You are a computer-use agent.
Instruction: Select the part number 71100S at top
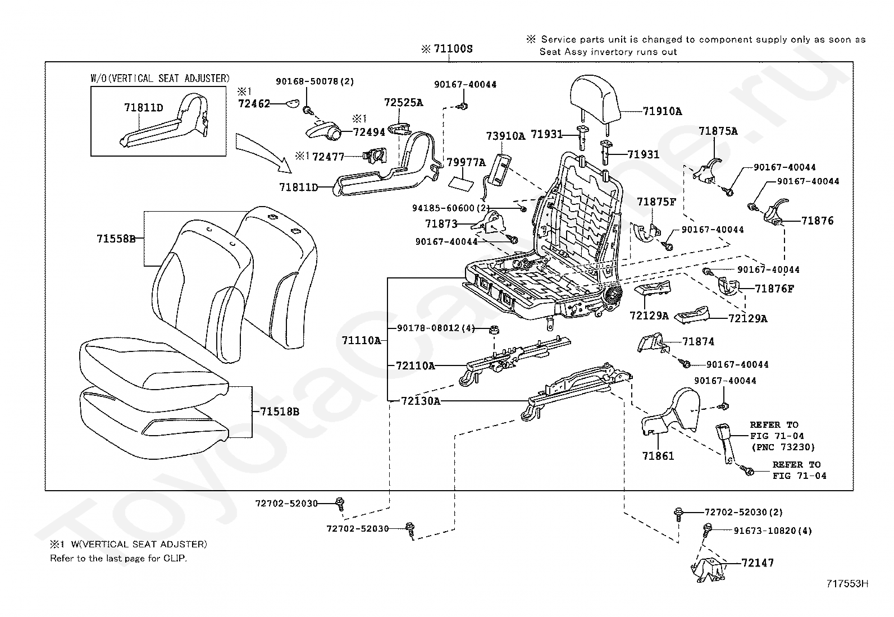(453, 49)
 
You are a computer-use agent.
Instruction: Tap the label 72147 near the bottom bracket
(758, 563)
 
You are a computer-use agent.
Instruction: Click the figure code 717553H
(847, 583)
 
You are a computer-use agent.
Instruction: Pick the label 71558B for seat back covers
(116, 239)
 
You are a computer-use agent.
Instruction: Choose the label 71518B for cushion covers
(279, 412)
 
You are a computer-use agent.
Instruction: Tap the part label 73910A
(505, 136)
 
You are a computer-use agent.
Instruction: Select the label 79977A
(466, 163)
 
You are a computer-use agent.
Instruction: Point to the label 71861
(658, 456)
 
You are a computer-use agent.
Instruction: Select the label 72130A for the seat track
(421, 401)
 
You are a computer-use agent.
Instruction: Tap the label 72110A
(415, 365)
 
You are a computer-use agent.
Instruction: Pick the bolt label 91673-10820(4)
(773, 531)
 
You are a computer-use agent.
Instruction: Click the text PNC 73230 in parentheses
(782, 447)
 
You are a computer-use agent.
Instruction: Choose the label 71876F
(774, 289)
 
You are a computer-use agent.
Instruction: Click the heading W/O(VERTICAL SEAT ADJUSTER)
(160, 78)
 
